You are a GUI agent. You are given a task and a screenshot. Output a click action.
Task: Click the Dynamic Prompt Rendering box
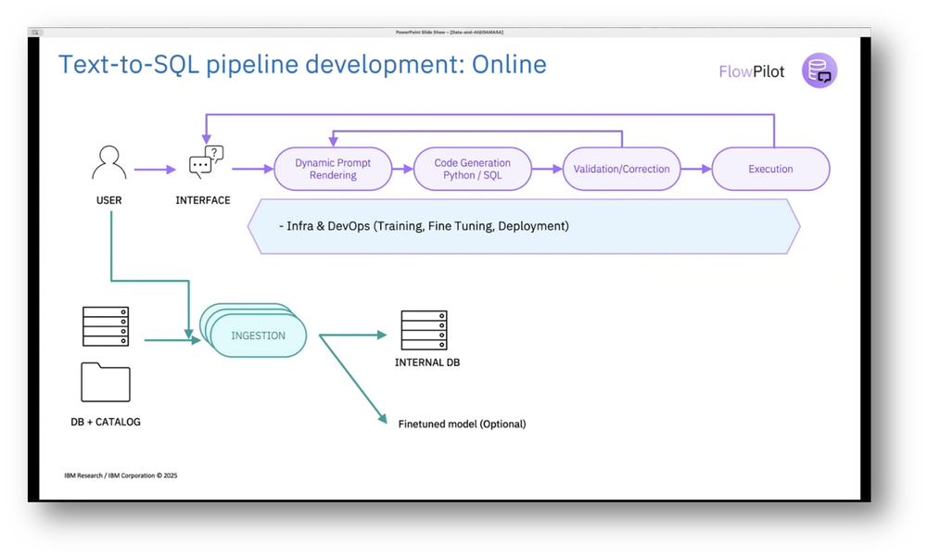pos(333,169)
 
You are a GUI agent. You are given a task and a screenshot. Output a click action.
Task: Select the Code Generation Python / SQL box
pos(472,169)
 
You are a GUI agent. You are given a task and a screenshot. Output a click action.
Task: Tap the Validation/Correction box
pos(622,169)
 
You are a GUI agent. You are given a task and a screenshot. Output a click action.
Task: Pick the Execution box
pos(770,169)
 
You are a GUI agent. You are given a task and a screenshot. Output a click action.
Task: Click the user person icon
pos(109,164)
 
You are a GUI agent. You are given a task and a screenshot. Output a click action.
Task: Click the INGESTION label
pos(258,336)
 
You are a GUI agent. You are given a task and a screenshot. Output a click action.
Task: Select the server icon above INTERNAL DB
pos(424,331)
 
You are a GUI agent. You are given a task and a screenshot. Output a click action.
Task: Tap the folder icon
pos(106,382)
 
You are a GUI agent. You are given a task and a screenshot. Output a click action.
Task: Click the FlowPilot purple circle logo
pos(819,70)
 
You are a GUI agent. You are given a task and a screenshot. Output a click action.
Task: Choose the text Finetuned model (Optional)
pos(462,424)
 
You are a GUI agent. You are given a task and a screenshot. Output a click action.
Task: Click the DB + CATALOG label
pos(106,422)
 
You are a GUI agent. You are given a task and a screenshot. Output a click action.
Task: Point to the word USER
pos(109,200)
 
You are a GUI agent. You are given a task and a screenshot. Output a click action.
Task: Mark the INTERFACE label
pos(203,200)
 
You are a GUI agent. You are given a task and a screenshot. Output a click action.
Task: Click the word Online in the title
pos(509,64)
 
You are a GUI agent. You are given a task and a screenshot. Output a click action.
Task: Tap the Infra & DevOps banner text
pos(425,225)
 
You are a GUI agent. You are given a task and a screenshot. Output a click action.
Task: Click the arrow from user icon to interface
pos(154,169)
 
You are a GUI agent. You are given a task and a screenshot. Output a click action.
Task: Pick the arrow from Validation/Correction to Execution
pos(696,169)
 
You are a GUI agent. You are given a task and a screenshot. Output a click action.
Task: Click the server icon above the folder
pos(106,326)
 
